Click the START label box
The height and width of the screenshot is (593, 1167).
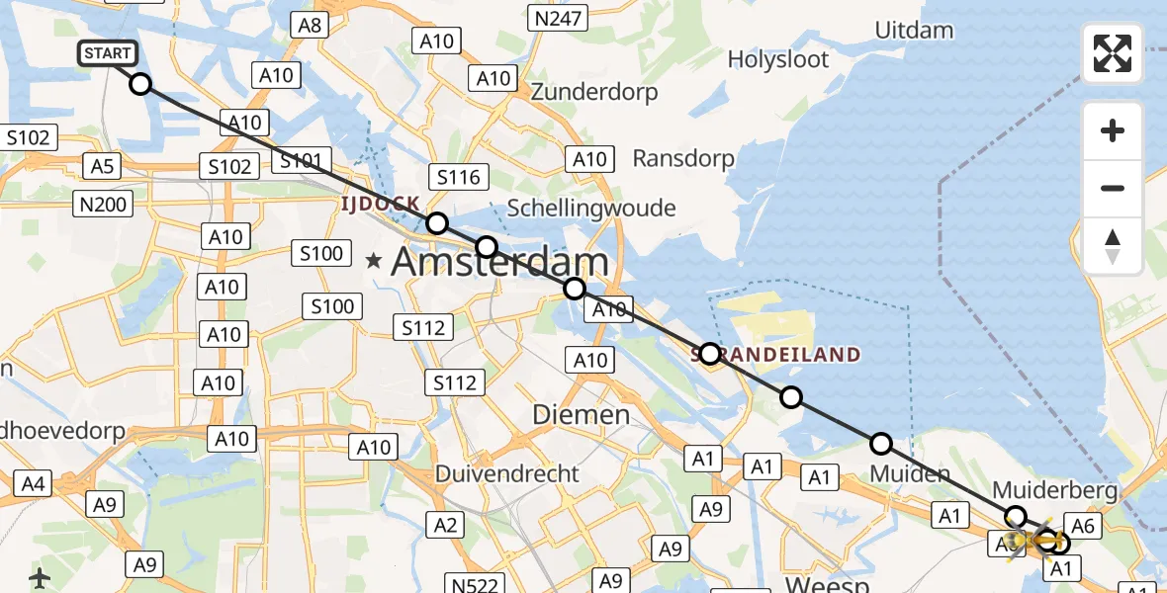click(107, 53)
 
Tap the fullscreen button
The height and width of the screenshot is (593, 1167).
click(1113, 53)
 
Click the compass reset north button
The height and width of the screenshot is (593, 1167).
click(1113, 246)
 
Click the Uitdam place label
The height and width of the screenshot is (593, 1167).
click(914, 30)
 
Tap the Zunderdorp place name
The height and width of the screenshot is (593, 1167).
click(594, 92)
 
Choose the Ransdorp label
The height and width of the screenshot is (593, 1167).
click(683, 158)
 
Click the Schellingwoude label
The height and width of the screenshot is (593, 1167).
click(590, 208)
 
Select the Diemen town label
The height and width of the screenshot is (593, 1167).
click(582, 415)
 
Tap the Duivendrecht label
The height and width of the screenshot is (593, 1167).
click(507, 473)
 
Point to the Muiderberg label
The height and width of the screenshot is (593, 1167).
click(1054, 490)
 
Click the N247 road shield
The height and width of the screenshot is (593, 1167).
click(559, 17)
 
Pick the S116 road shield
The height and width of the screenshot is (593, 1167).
click(457, 177)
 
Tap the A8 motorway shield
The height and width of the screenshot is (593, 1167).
click(310, 25)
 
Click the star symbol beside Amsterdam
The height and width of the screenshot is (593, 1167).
click(374, 262)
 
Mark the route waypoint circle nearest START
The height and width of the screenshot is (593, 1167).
click(140, 84)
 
